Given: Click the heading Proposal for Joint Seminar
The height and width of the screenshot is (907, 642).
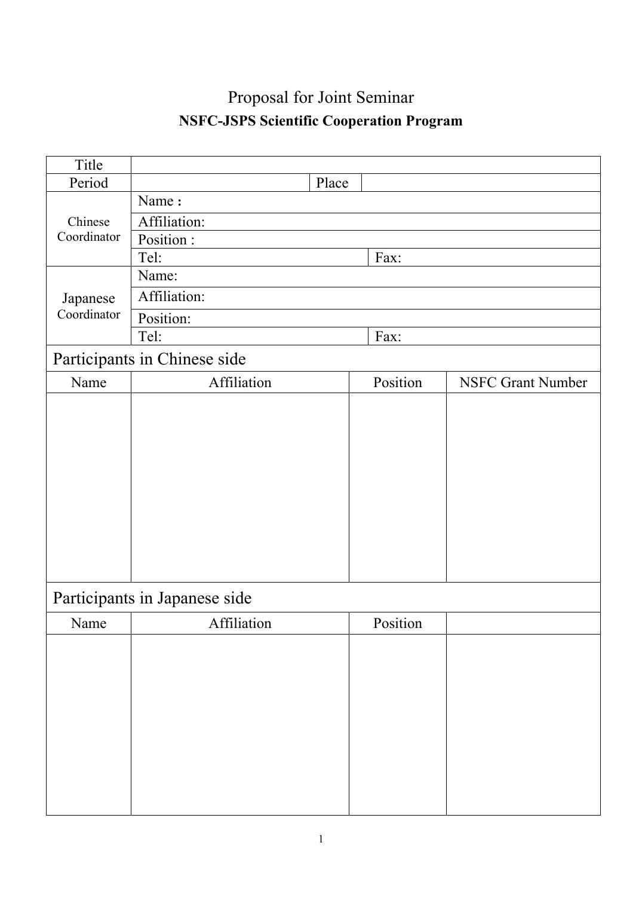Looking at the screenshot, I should pos(321,97).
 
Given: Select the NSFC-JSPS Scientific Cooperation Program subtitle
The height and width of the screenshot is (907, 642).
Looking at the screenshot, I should pos(321,121).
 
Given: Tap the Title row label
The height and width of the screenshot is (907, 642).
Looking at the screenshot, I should pos(88,165).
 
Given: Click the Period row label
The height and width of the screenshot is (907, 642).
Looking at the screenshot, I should pos(88,183).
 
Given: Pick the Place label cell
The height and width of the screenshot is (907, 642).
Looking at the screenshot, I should pos(332,183).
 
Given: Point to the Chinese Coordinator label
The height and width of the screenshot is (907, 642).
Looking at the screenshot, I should pos(88,229).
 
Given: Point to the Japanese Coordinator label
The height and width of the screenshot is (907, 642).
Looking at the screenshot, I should pos(88,306).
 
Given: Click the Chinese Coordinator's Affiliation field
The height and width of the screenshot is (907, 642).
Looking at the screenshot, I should pos(365,222).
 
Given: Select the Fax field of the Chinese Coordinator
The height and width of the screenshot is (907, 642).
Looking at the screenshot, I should pos(484,258).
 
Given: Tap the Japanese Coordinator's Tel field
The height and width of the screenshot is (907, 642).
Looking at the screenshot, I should pos(249,336).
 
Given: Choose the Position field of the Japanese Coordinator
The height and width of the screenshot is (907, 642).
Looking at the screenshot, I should pos(365,318).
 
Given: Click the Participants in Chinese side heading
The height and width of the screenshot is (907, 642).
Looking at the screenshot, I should pos(149,359).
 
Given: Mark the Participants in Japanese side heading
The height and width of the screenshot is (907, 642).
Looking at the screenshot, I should pos(152,598).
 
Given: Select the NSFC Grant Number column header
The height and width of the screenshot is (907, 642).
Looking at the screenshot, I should pos(523,382).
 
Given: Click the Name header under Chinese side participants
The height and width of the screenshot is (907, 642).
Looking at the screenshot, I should pos(88,382).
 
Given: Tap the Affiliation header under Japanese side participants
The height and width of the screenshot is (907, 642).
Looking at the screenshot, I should pos(239,623).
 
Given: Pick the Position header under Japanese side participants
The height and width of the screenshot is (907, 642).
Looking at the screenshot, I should pos(397,623).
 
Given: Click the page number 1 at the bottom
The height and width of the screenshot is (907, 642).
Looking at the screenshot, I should pos(321,839).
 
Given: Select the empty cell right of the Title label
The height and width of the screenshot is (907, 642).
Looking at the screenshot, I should pos(365,165).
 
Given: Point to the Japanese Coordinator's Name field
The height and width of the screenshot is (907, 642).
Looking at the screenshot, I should pos(365,276).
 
